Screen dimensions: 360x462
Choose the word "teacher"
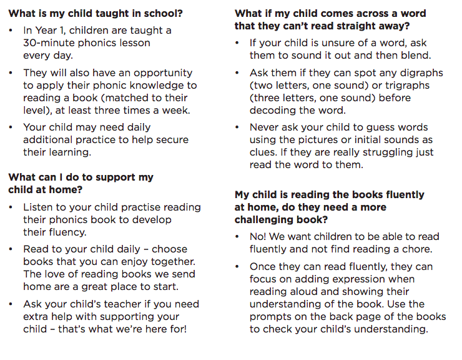pyautogui.click(x=118, y=304)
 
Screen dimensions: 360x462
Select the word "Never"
pyautogui.click(x=265, y=127)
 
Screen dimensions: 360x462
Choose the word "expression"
pyautogui.click(x=355, y=279)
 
